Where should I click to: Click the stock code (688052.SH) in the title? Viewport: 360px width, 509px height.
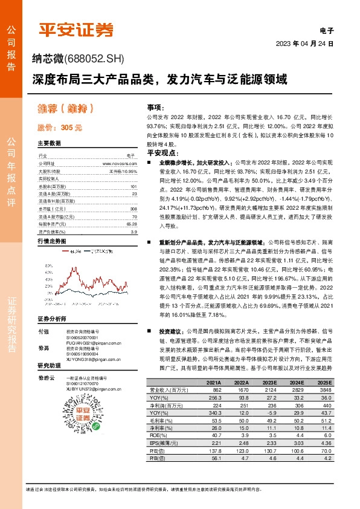point(94,59)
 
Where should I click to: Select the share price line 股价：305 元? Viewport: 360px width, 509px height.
point(59,128)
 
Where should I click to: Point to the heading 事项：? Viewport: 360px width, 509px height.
point(155,106)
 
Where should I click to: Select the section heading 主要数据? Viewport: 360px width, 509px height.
point(49,143)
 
